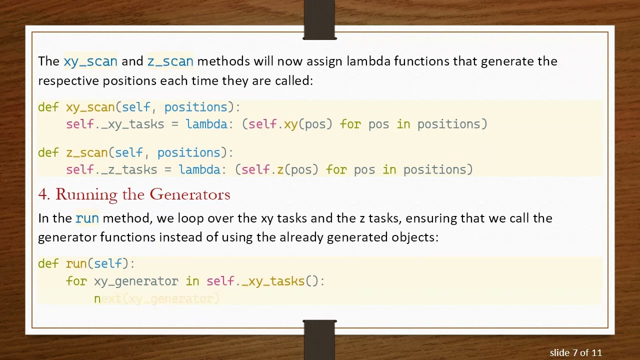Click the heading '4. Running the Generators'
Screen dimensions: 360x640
[x=134, y=194]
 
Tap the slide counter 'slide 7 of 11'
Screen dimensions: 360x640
[x=575, y=352]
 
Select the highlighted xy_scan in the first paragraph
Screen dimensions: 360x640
[x=90, y=61]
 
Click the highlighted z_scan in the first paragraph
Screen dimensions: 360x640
[x=170, y=61]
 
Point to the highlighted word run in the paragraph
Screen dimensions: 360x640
[x=87, y=218]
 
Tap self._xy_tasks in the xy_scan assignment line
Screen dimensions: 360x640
[x=115, y=124]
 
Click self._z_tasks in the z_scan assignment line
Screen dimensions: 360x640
[x=111, y=170]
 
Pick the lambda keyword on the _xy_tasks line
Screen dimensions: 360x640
[x=206, y=124]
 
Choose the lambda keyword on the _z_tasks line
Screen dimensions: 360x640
[x=199, y=170]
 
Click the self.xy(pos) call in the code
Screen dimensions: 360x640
[x=290, y=124]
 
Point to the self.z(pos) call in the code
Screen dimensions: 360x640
[x=280, y=170]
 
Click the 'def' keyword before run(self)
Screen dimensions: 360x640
[x=48, y=263]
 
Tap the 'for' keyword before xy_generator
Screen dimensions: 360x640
[x=76, y=281]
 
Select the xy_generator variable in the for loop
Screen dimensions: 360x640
[x=136, y=281]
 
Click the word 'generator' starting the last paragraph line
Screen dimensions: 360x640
[x=67, y=236]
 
